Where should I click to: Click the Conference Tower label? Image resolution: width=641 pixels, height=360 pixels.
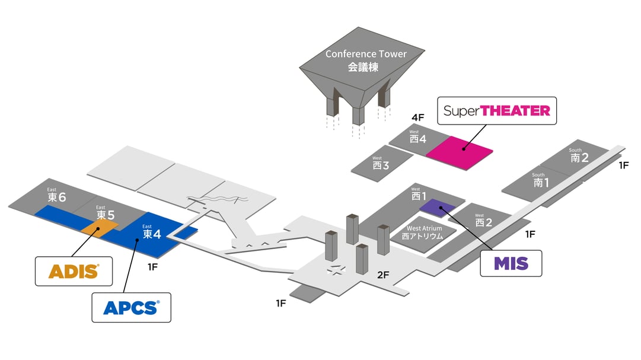point(366,60)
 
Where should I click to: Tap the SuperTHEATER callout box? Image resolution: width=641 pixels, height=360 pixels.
point(497,111)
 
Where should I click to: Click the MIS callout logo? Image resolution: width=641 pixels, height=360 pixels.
point(511,263)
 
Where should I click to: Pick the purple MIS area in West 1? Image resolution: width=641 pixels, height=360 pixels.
point(438,206)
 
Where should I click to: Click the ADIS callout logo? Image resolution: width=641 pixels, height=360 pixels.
point(74,271)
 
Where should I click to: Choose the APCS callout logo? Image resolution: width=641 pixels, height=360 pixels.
point(131,307)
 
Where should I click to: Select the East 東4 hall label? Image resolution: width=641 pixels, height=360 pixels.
point(149,232)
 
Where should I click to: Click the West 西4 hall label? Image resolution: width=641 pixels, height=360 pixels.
point(418,138)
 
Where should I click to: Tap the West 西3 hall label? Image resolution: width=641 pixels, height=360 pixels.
point(381,164)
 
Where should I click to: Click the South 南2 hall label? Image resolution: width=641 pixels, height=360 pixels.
point(579,156)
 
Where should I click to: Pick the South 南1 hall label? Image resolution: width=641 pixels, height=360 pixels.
point(540,181)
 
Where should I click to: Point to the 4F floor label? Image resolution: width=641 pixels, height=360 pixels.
point(419,117)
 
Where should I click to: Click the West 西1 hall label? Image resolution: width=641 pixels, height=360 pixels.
point(419,194)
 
